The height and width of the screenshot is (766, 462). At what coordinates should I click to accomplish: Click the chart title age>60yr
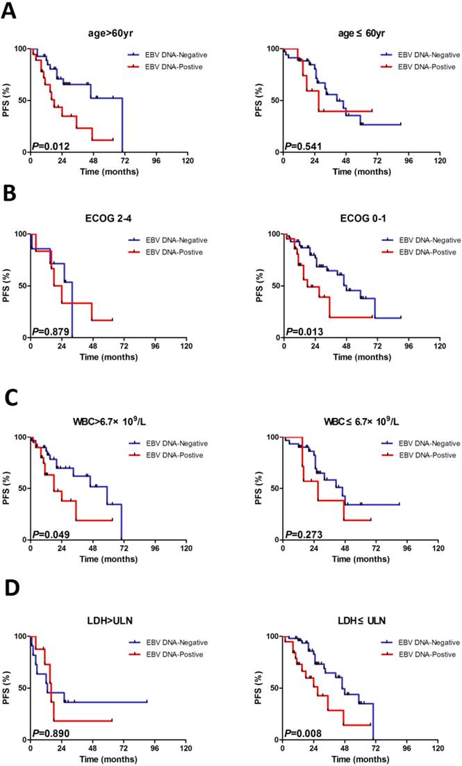108,34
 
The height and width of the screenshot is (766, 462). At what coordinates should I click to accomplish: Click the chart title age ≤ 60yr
361,34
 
